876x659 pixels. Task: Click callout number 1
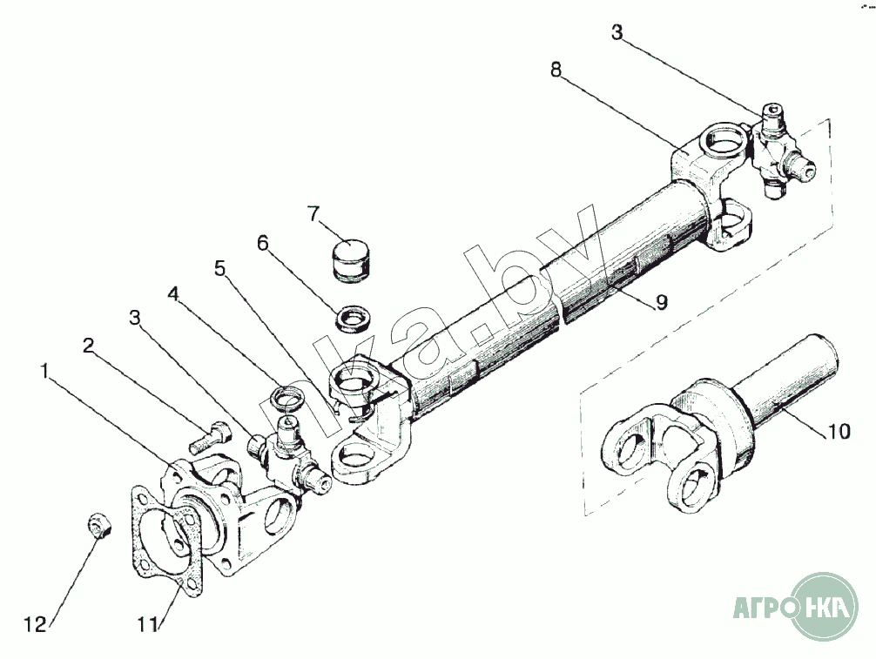pos(45,371)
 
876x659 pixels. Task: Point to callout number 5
pos(220,268)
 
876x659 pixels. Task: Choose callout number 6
pos(262,243)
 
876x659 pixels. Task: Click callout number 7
pos(313,213)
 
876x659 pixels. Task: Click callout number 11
pos(145,624)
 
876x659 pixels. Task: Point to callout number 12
pos(35,624)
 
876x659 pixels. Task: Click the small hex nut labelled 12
pos(98,527)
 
